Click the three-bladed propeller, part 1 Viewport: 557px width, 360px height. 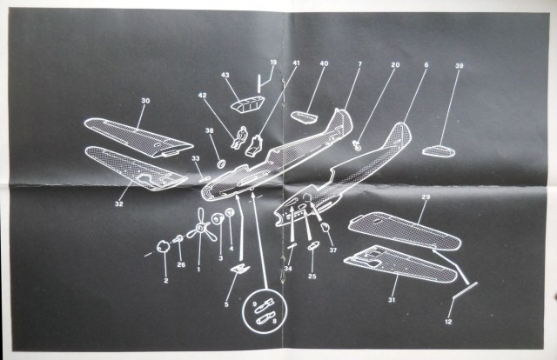pos(199,230)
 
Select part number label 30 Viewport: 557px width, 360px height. pos(145,101)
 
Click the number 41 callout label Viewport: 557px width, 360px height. pos(296,63)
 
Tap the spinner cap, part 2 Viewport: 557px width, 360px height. pos(163,248)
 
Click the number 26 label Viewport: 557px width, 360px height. pos(181,264)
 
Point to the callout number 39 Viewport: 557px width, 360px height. pos(459,66)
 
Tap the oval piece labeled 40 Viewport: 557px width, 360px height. pos(303,113)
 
